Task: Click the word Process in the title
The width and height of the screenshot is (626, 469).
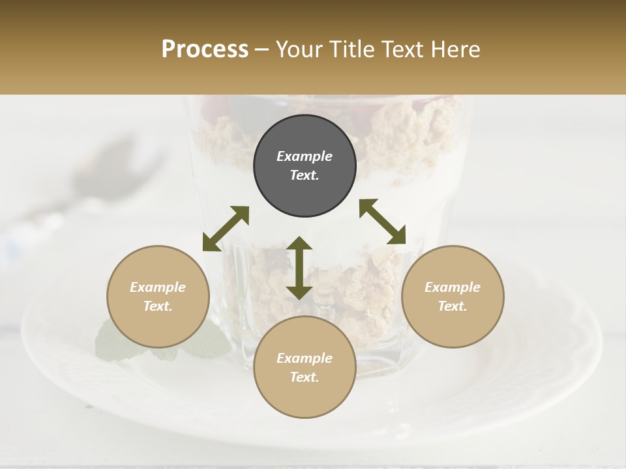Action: [205, 50]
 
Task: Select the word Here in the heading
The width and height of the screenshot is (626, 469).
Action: [455, 50]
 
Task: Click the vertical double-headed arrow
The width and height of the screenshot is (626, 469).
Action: [299, 268]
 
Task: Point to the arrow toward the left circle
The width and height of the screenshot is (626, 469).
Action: [226, 229]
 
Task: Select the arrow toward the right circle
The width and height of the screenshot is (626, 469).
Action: [382, 221]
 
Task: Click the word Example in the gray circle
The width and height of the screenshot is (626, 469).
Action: [305, 156]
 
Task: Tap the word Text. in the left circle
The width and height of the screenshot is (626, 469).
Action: [158, 306]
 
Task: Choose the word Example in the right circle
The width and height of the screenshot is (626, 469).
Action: [453, 287]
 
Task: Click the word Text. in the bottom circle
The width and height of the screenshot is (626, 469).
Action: [305, 377]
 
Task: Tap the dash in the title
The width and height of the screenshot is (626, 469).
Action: [262, 50]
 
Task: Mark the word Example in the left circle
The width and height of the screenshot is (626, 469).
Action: [158, 287]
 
